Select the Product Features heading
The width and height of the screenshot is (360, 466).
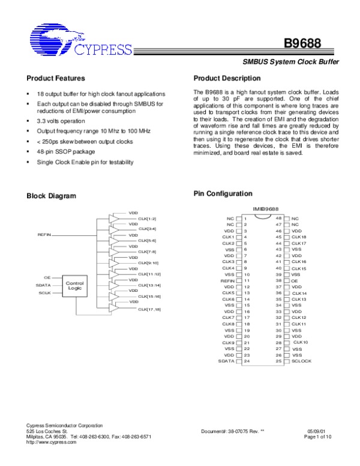coord(56,79)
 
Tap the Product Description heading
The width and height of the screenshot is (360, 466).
coord(226,79)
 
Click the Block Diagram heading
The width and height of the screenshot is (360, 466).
coord(52,196)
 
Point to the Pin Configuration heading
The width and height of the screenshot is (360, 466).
coord(223,193)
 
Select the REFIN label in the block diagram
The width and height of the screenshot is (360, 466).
coord(44,234)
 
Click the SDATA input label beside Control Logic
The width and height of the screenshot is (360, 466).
coord(44,285)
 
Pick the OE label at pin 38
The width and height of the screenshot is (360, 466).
coord(294,280)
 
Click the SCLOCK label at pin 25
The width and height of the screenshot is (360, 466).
coord(302,361)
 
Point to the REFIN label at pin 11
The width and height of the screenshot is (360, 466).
coord(227,280)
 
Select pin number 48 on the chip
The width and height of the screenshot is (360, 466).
coord(278,218)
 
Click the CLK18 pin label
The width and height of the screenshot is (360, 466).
coord(299,237)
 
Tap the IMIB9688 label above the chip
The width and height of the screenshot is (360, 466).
coord(265,208)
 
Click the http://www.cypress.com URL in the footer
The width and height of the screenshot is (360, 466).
coord(52,442)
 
